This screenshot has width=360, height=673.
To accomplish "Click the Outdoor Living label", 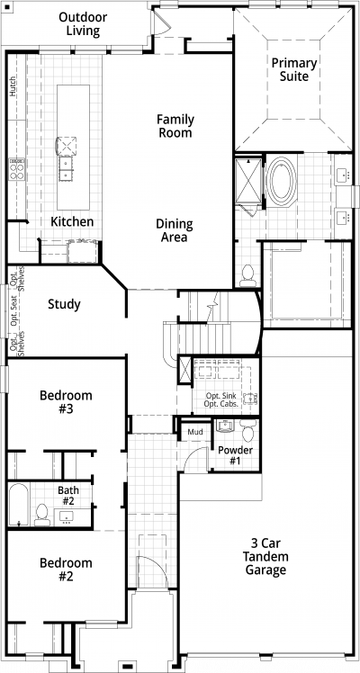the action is pyautogui.click(x=83, y=24).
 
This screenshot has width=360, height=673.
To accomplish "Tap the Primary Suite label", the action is pyautogui.click(x=294, y=69).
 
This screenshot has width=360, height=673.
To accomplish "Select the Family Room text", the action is pyautogui.click(x=175, y=126).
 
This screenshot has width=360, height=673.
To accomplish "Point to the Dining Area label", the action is pyautogui.click(x=175, y=230).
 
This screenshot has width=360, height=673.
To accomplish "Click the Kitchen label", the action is pyautogui.click(x=72, y=222).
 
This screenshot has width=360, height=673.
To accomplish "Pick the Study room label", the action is pyautogui.click(x=64, y=304).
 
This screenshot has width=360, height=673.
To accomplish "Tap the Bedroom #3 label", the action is pyautogui.click(x=66, y=402).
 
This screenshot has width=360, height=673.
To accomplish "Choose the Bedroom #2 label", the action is pyautogui.click(x=66, y=570).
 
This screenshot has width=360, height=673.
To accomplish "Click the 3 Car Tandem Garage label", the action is pyautogui.click(x=265, y=557).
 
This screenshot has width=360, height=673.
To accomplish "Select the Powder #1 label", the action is pyautogui.click(x=235, y=455).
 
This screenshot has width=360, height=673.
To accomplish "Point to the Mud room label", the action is pyautogui.click(x=195, y=432).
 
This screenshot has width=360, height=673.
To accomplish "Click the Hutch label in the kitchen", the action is pyautogui.click(x=13, y=86).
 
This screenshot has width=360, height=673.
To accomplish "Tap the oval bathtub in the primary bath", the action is pyautogui.click(x=282, y=181).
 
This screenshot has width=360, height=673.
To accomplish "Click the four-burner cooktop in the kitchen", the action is pyautogui.click(x=17, y=169).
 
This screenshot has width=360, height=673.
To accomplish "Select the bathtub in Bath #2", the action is pyautogui.click(x=19, y=505).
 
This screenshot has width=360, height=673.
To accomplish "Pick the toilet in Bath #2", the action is pyautogui.click(x=42, y=516).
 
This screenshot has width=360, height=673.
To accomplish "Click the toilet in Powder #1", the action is pyautogui.click(x=248, y=430).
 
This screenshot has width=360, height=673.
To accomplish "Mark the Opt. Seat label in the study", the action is pyautogui.click(x=13, y=310).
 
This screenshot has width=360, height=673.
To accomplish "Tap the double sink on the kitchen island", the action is pyautogui.click(x=66, y=168).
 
